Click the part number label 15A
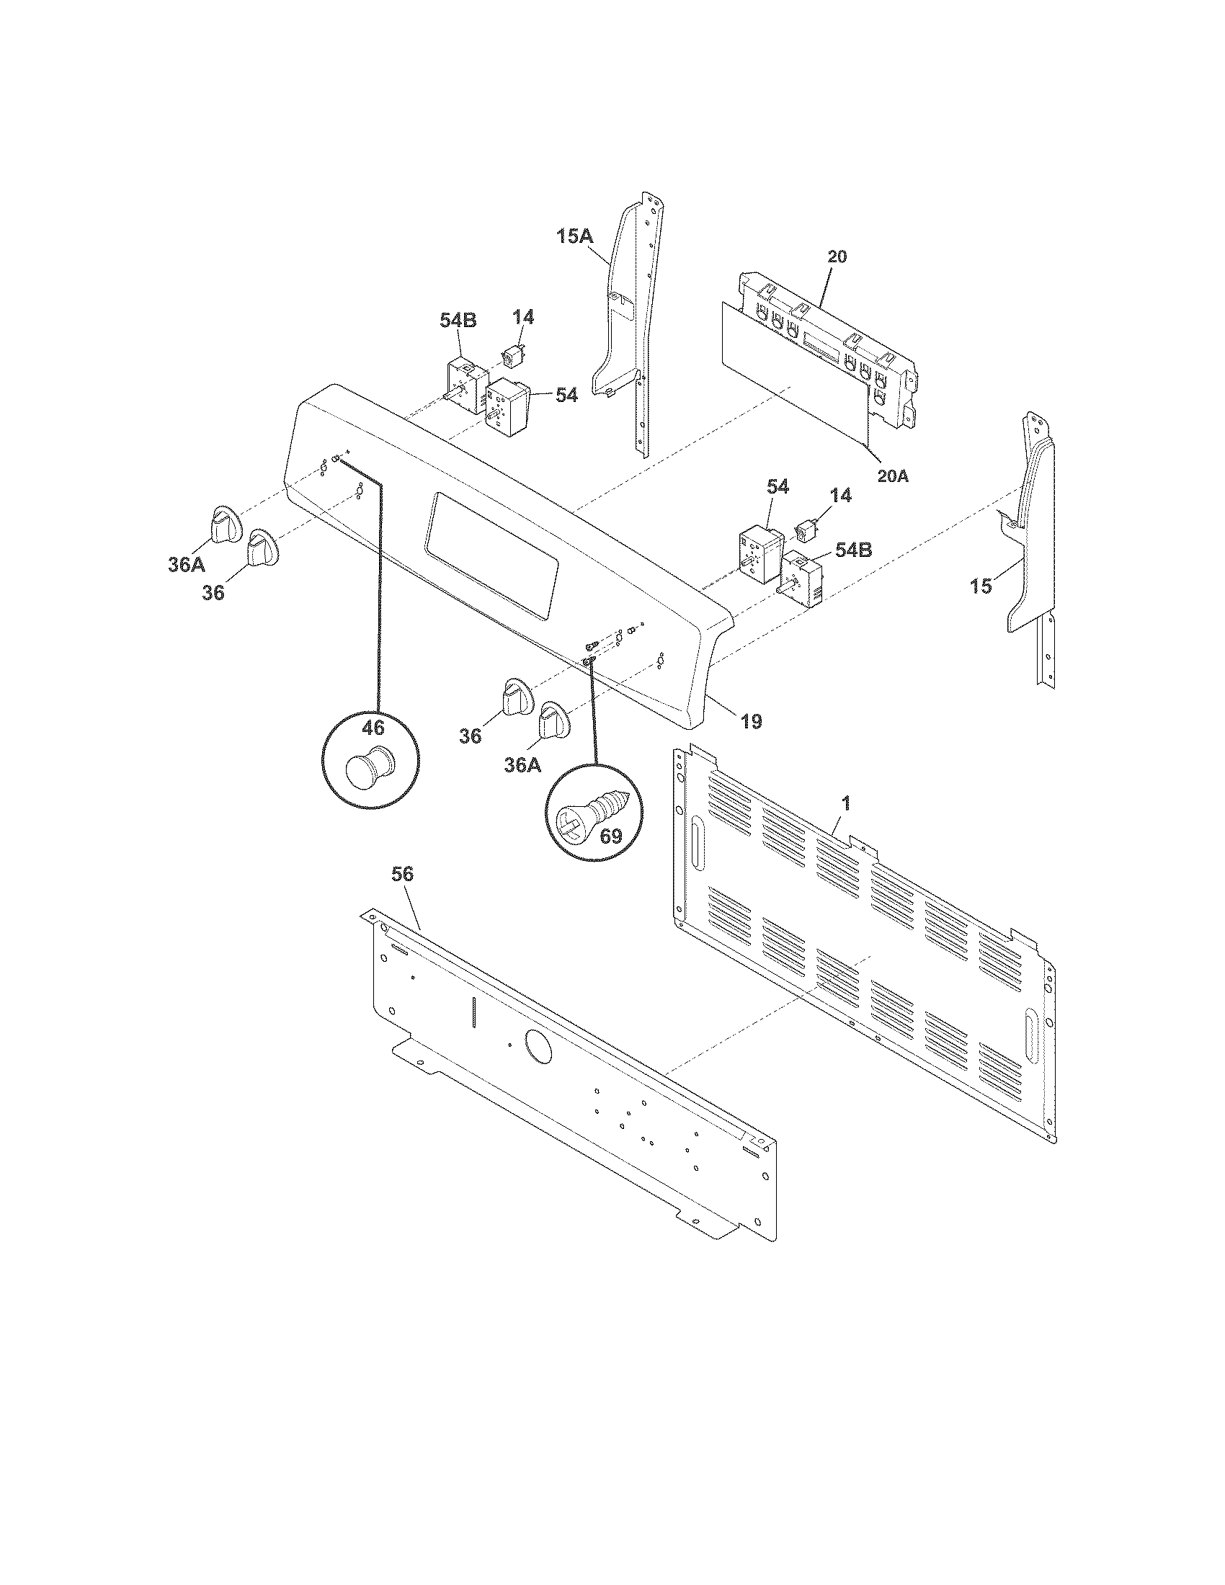pyautogui.click(x=575, y=236)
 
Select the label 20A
pyautogui.click(x=893, y=476)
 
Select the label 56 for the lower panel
pyautogui.click(x=402, y=875)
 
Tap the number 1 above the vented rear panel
pyautogui.click(x=846, y=803)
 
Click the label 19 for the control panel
pyautogui.click(x=751, y=721)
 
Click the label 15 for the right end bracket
pyautogui.click(x=981, y=586)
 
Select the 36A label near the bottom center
pyautogui.click(x=522, y=765)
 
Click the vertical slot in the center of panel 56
pyautogui.click(x=472, y=1012)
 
